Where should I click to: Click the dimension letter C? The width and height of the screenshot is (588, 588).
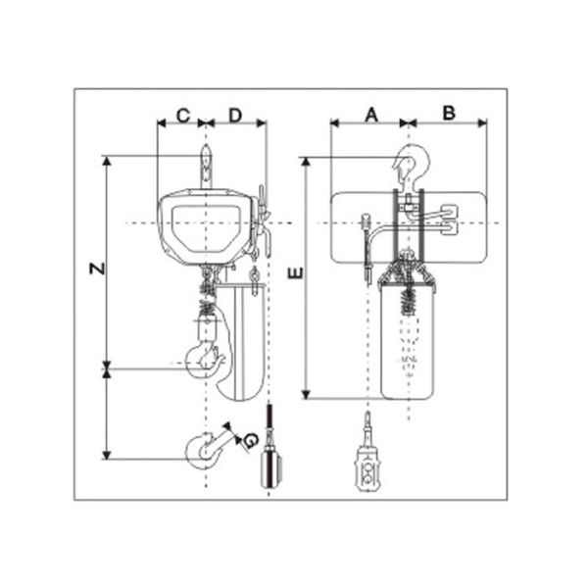click(x=183, y=116)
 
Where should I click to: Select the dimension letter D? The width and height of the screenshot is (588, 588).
click(x=235, y=116)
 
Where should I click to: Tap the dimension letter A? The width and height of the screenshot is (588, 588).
click(x=371, y=115)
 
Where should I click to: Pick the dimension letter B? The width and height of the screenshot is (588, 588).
click(x=449, y=113)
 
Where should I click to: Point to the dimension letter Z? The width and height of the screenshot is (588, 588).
click(x=97, y=269)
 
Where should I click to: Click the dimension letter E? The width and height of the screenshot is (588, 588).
click(x=296, y=273)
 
